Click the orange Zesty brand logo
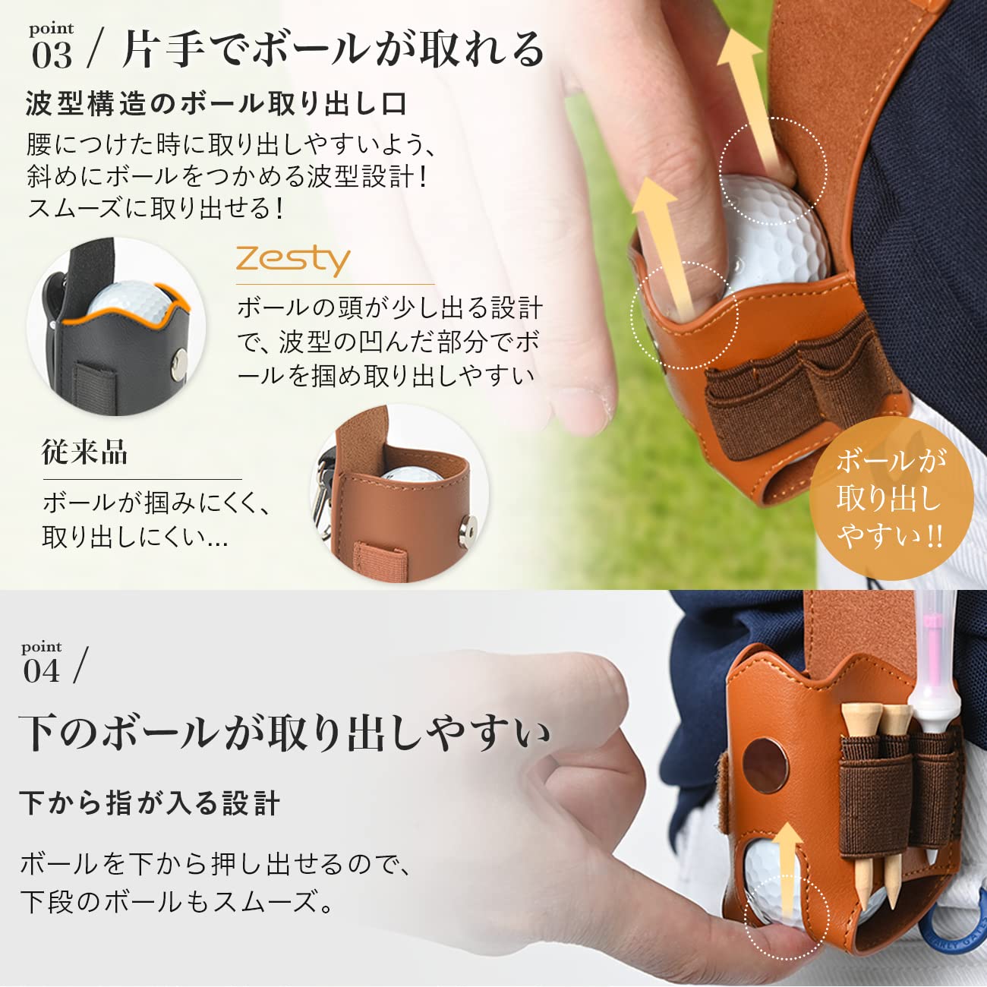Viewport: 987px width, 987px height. point(293,260)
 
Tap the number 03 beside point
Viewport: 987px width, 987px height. point(52,55)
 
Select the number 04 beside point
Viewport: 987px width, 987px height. point(41,671)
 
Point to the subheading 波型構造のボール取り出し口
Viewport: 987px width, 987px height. point(216,104)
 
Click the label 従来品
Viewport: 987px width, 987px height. point(84,453)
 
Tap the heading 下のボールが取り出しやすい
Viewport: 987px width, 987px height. point(285,733)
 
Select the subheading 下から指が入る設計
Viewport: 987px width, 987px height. point(150,803)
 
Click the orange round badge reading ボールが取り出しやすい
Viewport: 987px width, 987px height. point(891,497)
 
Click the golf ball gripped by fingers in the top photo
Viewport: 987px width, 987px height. point(771,235)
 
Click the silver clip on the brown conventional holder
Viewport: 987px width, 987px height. point(324,493)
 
